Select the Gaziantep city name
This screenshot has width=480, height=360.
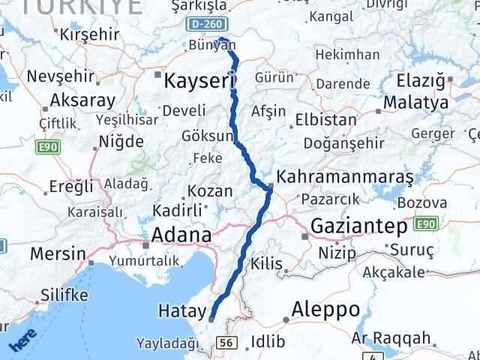(x=358, y=226)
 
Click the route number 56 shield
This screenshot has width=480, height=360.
(x=226, y=343)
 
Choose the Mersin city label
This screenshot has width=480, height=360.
(x=58, y=253)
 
